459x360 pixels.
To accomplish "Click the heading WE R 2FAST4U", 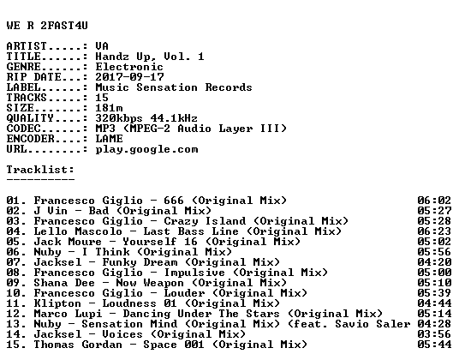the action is tap(47, 26).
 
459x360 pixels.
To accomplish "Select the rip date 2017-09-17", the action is tap(129, 77).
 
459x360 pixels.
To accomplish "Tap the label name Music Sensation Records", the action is tap(174, 87).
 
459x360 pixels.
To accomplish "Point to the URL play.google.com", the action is tap(146, 149).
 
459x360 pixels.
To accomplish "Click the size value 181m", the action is tap(109, 108).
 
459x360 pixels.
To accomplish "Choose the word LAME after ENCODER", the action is tap(109, 139).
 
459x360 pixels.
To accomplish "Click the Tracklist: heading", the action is tap(40, 170).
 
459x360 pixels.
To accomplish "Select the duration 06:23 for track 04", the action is tap(434, 231).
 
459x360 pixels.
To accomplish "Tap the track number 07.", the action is tap(13, 262).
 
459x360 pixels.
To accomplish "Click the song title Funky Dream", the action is tap(140, 262).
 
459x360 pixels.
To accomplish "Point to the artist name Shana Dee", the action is tap(64, 283).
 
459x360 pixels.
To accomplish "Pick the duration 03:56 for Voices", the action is tap(434, 334).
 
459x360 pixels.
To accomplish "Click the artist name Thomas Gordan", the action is tap(78, 345).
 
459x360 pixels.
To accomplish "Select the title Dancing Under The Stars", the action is tap(201, 314).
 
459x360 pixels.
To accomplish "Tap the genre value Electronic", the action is tap(129, 67).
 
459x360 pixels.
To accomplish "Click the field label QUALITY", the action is tap(30, 118).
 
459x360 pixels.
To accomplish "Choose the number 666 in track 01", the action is tap(174, 201).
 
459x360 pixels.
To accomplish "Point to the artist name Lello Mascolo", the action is tap(78, 231).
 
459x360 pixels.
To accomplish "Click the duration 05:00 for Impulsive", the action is tap(434, 273).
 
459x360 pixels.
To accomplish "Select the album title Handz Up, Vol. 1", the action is tap(150, 57).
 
